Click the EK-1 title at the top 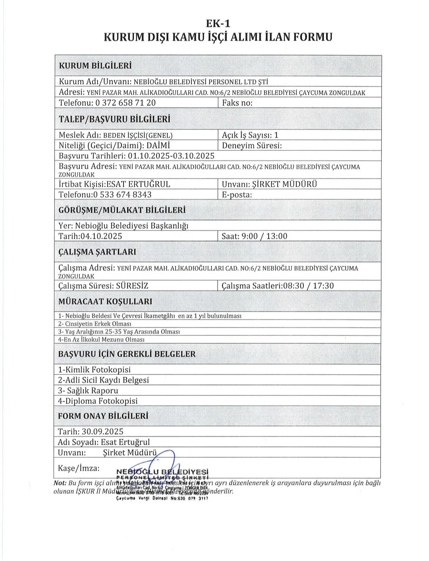218,23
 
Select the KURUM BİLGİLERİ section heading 95,66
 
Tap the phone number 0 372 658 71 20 126,103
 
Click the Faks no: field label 237,103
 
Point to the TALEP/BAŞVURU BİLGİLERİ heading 114,119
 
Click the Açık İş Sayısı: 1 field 250,135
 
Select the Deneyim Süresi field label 252,145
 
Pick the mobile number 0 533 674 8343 122,194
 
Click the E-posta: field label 237,195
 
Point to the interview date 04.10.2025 101,236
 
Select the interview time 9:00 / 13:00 265,236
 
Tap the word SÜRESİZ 132,286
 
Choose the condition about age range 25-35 119,331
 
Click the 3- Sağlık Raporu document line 88,390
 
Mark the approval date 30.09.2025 102,431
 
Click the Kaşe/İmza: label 79,468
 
